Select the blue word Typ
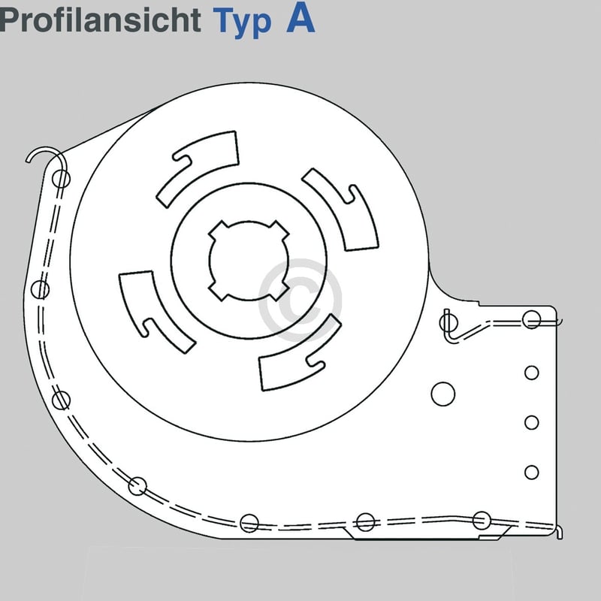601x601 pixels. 242,23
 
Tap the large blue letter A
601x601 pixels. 300,20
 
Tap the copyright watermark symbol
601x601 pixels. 300,290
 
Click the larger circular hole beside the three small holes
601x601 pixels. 442,392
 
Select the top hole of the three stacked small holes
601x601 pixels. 531,373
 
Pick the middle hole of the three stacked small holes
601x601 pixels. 531,422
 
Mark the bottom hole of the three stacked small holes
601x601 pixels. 531,472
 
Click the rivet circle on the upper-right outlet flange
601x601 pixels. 531,319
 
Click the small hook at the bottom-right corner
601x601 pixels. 558,531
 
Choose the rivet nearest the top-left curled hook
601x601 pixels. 61,179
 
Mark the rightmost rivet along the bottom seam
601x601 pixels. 482,519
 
